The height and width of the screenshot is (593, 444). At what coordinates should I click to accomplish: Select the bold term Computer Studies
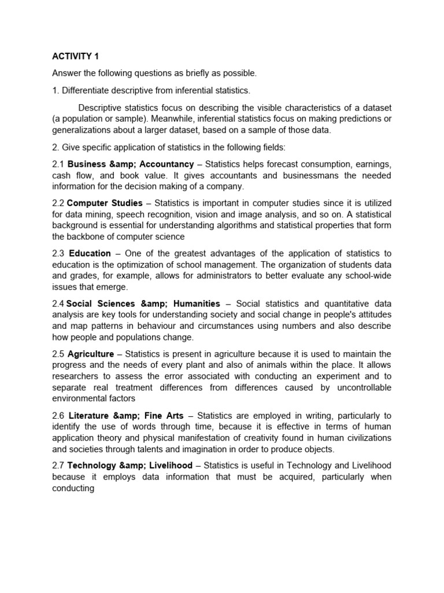pos(105,203)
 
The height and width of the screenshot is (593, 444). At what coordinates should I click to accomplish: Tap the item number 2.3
pos(58,254)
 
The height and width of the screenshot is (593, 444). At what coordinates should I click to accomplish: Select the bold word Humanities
pos(197,303)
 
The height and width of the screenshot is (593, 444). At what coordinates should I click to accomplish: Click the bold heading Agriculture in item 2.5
pos(90,354)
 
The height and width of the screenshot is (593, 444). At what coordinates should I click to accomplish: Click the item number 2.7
pos(58,466)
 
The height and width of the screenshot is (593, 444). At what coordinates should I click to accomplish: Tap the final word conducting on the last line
pos(73,488)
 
